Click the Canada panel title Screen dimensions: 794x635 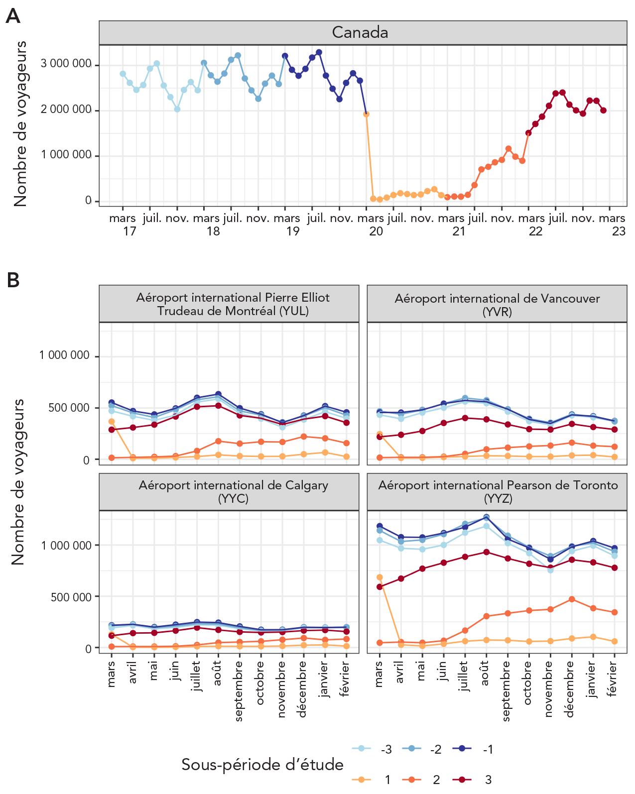coord(360,32)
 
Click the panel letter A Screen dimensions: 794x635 coord(12,16)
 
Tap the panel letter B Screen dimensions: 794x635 coord(13,280)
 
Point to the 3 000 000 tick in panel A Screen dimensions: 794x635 coord(66,64)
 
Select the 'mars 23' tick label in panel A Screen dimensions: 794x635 coord(613,225)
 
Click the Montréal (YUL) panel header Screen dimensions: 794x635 coord(233,304)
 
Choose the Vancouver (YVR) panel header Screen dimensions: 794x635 coord(497,305)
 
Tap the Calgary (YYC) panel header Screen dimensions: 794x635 coord(233,492)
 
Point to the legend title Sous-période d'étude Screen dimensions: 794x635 coord(262,765)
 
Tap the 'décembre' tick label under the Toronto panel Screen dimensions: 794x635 coord(571,689)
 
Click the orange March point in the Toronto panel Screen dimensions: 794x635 coord(380,577)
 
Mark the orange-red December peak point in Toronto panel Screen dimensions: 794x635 coord(572,599)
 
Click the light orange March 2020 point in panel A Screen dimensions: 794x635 coord(366,114)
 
